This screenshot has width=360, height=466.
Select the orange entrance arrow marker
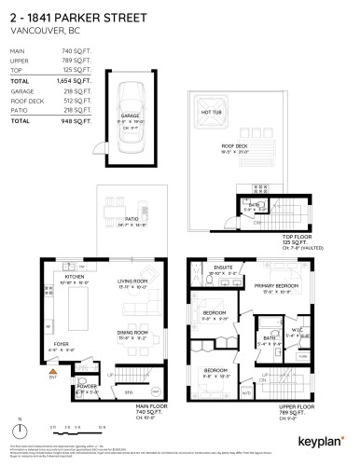pyautogui.click(x=53, y=372)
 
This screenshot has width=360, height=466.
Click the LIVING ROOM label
pyautogui.click(x=133, y=282)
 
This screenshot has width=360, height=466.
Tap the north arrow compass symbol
pyautogui.click(x=19, y=432)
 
